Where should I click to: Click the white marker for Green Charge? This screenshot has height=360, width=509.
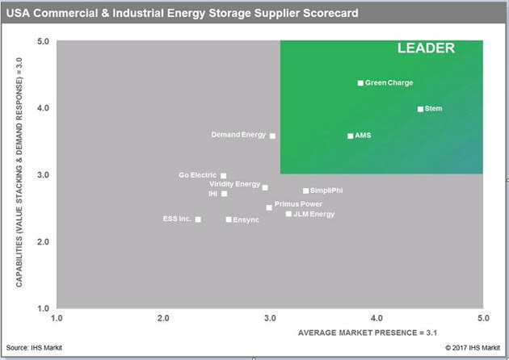point(360,83)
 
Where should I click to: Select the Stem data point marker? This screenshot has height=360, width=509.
point(420,109)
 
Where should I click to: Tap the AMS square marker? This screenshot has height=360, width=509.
point(350,136)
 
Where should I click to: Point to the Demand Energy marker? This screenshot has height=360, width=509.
point(272,136)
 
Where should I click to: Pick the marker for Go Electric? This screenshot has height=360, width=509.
point(223,175)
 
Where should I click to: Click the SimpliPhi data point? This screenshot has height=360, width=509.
point(305,190)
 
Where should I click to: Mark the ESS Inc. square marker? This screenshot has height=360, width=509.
point(198,219)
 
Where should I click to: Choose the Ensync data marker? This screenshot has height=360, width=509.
point(229,220)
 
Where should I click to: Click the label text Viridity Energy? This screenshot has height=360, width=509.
point(234,184)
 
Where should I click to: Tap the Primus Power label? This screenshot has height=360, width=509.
point(298,204)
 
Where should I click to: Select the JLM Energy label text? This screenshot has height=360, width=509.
point(313,214)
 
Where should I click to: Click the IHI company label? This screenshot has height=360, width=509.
point(212,194)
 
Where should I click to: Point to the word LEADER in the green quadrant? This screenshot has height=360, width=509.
point(426,48)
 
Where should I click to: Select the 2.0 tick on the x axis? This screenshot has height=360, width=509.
point(164,317)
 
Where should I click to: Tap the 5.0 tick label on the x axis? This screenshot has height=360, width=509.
point(482,317)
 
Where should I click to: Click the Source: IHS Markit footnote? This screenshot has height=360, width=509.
point(34,348)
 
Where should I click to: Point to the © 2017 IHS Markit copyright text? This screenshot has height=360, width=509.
point(474,348)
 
